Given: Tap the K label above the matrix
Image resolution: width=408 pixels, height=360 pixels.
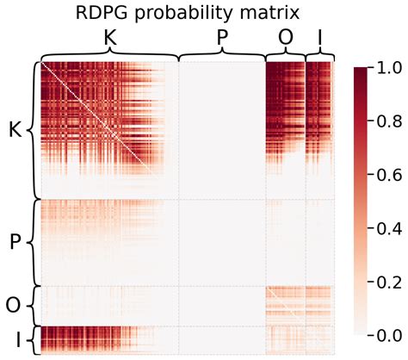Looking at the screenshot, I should pyautogui.click(x=109, y=38).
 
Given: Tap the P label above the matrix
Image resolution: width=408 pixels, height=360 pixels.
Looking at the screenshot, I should pyautogui.click(x=222, y=38).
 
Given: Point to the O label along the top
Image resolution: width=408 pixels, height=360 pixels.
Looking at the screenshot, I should pyautogui.click(x=285, y=38).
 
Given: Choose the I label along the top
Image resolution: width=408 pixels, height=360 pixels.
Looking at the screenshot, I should pyautogui.click(x=320, y=38).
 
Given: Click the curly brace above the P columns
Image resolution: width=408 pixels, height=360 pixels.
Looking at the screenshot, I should pyautogui.click(x=222, y=54).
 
